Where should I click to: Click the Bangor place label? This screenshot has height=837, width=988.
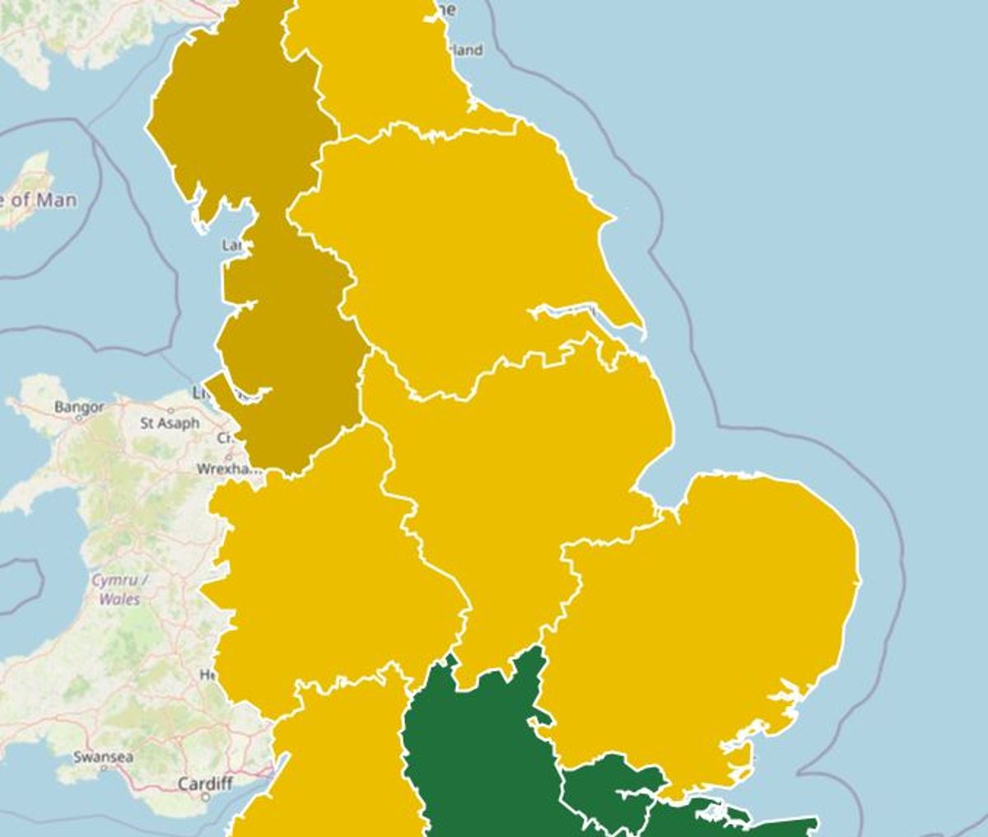point(79,406)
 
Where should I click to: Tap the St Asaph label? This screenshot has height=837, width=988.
point(170,423)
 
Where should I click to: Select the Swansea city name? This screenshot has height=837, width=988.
point(104,756)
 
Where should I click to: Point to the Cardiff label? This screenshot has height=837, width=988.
point(205,783)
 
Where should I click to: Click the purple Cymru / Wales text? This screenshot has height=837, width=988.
point(119,589)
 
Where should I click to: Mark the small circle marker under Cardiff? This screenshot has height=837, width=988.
point(205,797)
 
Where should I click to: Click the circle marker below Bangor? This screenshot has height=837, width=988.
point(79,417)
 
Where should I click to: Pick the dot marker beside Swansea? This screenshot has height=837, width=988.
point(104,767)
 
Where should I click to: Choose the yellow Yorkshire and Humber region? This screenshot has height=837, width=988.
point(461,247)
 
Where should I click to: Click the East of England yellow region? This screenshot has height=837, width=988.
point(708,610)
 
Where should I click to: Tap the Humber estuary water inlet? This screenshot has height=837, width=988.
point(568,312)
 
